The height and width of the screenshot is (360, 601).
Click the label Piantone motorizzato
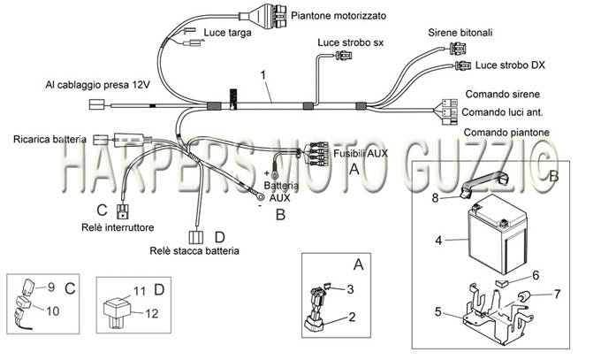(x=339, y=16)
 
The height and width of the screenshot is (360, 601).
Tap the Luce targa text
(x=227, y=33)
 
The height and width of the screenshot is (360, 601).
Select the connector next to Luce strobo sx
(x=344, y=56)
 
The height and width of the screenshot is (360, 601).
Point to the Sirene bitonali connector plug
(x=456, y=50)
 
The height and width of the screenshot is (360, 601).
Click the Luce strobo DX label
(x=510, y=65)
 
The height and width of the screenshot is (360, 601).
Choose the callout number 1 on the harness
(x=263, y=75)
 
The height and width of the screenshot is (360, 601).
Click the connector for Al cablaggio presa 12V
(x=96, y=104)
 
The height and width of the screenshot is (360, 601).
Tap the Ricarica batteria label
(x=49, y=139)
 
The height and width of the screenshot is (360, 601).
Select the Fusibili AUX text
(x=361, y=154)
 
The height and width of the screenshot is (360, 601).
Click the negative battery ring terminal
(x=260, y=197)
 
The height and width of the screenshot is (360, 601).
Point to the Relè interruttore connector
(x=123, y=211)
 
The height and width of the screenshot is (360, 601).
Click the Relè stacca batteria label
(x=194, y=251)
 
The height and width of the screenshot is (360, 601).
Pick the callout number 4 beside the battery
(x=438, y=241)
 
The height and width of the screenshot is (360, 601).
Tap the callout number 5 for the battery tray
(x=438, y=311)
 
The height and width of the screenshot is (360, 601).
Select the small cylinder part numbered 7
(x=523, y=296)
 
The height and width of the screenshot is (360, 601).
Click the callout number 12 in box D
(x=151, y=314)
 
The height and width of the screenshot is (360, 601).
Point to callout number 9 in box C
(x=51, y=287)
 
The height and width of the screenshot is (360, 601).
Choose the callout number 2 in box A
(x=352, y=317)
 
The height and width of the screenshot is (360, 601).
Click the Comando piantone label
(x=506, y=133)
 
